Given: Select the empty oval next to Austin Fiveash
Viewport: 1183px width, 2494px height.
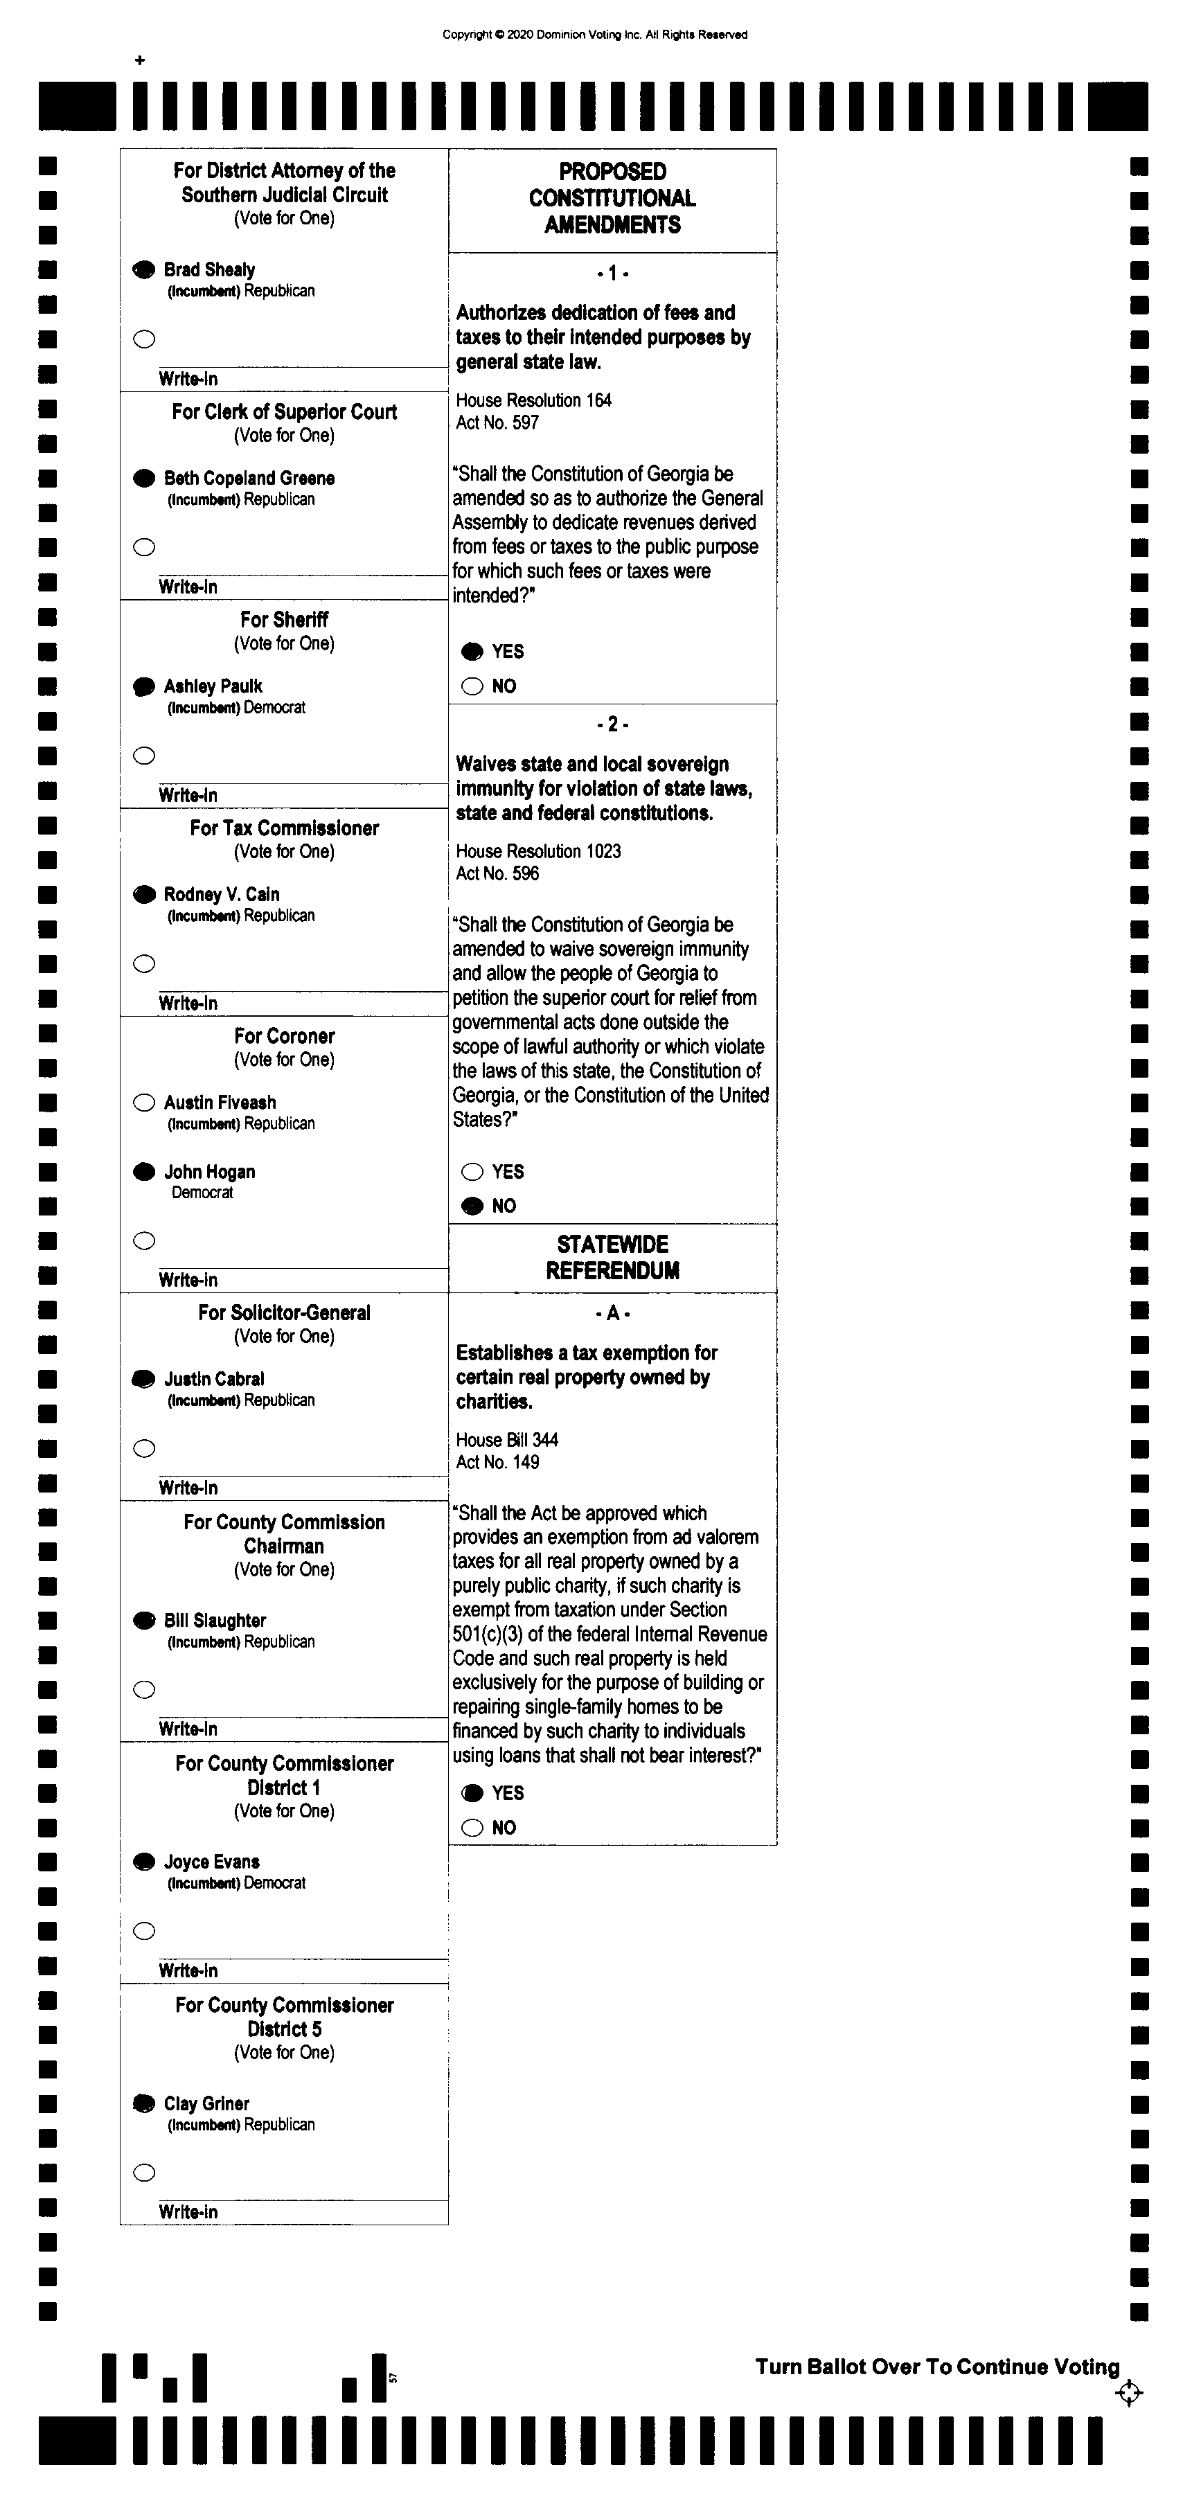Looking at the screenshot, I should coord(144,1102).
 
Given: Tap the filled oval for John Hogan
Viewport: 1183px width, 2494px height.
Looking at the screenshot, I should coord(144,1171).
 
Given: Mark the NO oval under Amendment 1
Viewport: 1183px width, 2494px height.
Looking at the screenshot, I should coord(472,686).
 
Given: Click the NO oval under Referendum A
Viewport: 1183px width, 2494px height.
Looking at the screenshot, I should coord(472,1827).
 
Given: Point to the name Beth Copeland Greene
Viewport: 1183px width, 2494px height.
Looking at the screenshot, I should coord(249,479).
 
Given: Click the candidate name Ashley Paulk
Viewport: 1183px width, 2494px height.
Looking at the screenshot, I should coord(213,686).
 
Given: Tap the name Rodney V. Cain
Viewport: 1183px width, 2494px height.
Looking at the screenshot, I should coord(222,895).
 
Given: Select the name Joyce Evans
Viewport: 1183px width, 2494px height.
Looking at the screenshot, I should coord(212,1862).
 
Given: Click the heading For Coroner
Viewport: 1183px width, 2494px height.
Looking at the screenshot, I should coord(284,1036).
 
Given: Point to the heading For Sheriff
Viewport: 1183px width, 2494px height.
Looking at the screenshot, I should coord(284,620).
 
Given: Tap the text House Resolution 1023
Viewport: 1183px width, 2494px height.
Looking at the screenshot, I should coord(538,851).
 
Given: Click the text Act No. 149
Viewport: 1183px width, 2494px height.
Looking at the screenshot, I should coord(497,1462).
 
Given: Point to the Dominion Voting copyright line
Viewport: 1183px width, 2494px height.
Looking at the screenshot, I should coord(594,35).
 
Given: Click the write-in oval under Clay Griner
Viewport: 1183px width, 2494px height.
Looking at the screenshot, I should coord(144,2173).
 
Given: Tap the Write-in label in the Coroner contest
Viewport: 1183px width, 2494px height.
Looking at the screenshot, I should coord(188,1280).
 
